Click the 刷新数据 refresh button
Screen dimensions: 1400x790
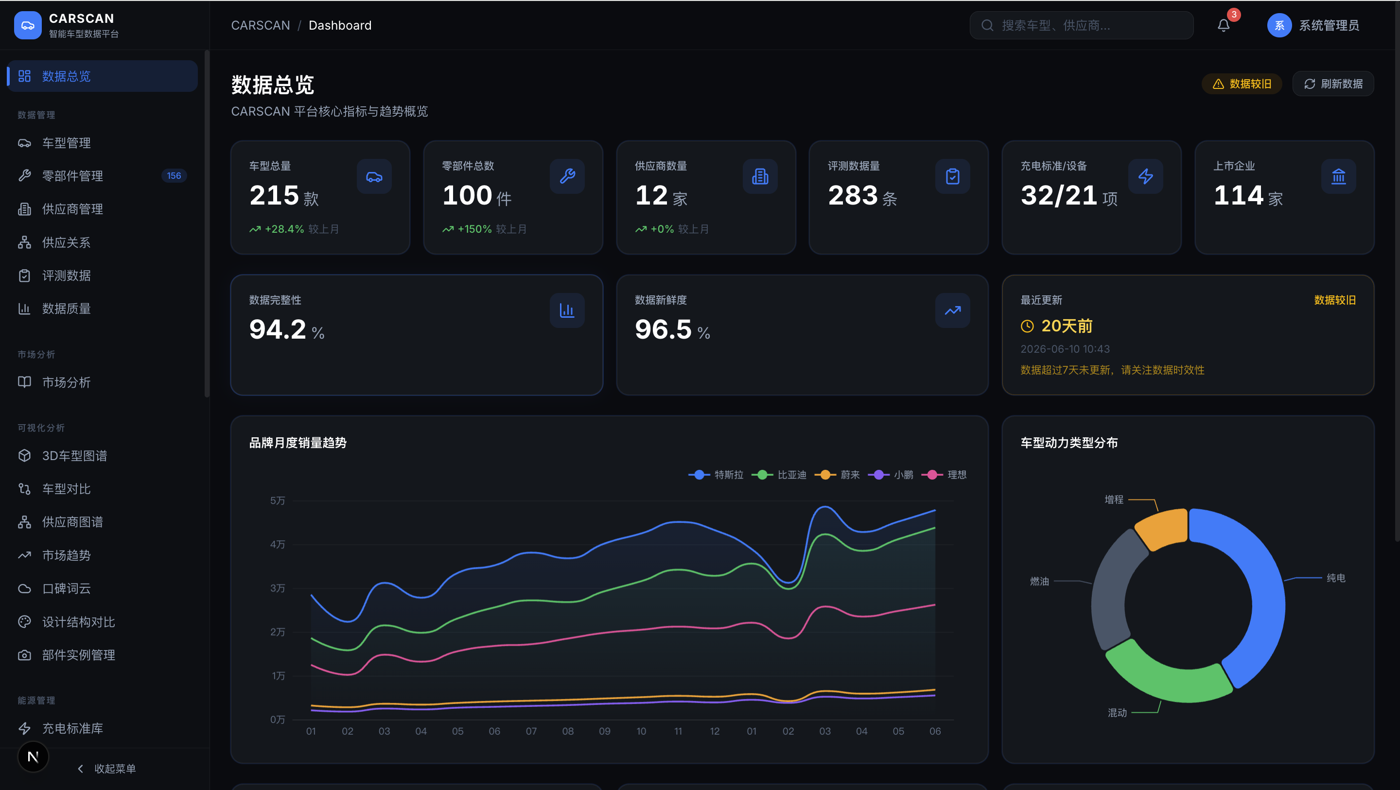tap(1332, 84)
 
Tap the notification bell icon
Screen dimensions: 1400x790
tap(1224, 26)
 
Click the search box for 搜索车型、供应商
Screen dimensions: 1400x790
tap(1081, 26)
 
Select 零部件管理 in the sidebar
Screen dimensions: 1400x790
tap(73, 175)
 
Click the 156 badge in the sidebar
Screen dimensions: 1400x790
tap(174, 175)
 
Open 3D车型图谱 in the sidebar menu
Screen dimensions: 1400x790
tap(74, 456)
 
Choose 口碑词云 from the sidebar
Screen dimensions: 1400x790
tap(66, 588)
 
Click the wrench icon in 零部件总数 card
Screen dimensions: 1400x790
tap(567, 176)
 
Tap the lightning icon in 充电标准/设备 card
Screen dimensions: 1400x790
tap(1145, 176)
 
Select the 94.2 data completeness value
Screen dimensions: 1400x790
tap(278, 329)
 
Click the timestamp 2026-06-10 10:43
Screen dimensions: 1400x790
tap(1065, 349)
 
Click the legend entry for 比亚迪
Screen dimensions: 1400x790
tap(779, 475)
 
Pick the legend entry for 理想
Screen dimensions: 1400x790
tap(944, 475)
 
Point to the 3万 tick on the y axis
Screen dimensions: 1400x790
tap(277, 588)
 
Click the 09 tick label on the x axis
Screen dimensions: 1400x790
tap(604, 731)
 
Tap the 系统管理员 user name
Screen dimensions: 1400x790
tap(1329, 26)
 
